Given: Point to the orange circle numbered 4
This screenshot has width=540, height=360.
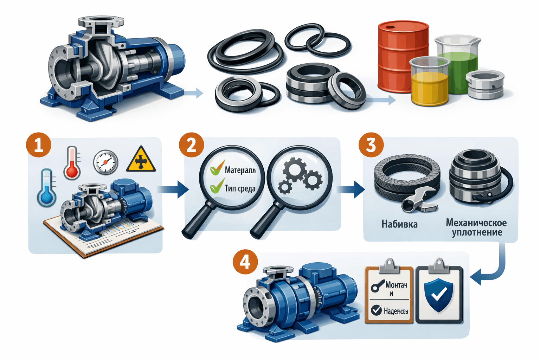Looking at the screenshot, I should coord(245,262).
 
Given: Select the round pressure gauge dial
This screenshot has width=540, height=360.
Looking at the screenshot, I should coord(105,162).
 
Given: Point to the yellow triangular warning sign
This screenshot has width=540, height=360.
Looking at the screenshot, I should coord(141,160).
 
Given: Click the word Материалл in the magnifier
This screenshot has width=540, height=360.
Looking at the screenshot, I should coord(240,171).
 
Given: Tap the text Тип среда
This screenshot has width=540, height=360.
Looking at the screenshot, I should coord(240,188).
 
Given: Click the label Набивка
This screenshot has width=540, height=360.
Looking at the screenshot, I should coord(399,224).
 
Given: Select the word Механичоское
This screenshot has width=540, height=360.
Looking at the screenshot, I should coord(476,223).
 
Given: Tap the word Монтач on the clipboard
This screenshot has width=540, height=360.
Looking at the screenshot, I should coord(396,284).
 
